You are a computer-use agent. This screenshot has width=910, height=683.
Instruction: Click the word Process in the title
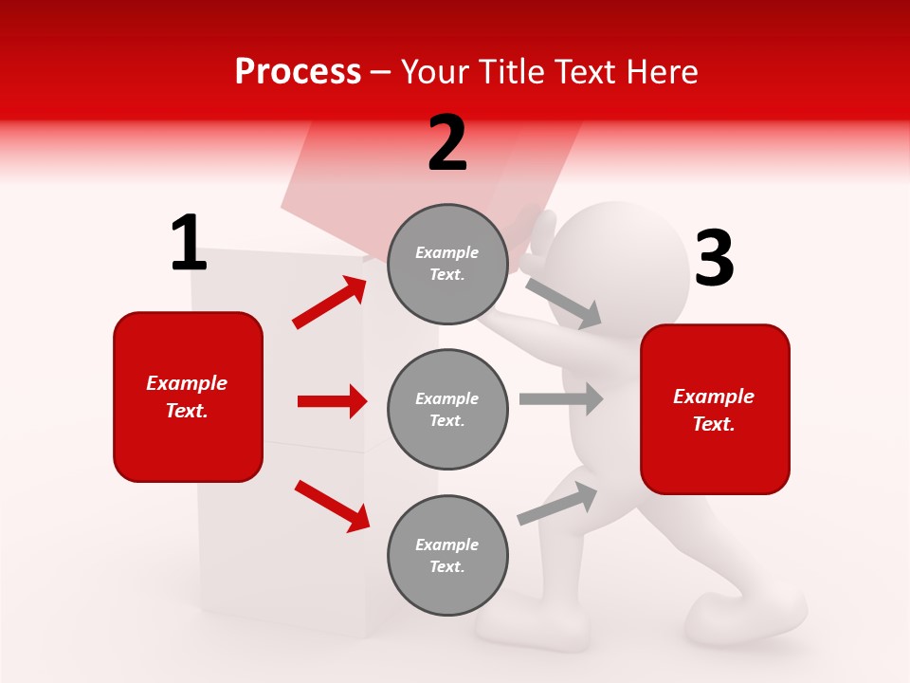pyautogui.click(x=298, y=71)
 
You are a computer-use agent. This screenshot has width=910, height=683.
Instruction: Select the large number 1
pyautogui.click(x=189, y=244)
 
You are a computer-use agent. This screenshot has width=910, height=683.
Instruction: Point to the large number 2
pyautogui.click(x=447, y=143)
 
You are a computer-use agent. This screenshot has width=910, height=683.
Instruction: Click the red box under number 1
pyautogui.click(x=188, y=397)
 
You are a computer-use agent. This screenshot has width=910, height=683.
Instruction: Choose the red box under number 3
pyautogui.click(x=715, y=409)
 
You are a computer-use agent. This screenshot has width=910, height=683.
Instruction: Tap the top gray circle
pyautogui.click(x=447, y=264)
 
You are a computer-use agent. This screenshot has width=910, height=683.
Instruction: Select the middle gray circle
pyautogui.click(x=447, y=409)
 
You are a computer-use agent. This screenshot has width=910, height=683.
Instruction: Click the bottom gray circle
pyautogui.click(x=447, y=555)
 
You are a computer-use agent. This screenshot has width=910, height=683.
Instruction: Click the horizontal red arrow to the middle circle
pyautogui.click(x=332, y=401)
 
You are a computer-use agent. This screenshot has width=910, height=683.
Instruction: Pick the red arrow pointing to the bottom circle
pyautogui.click(x=332, y=505)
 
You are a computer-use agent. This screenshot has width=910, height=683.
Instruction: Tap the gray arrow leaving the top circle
pyautogui.click(x=564, y=303)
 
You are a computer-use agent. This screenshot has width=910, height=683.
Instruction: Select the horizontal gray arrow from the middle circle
pyautogui.click(x=561, y=398)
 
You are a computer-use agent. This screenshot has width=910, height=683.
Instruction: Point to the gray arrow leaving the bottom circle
pyautogui.click(x=558, y=503)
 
